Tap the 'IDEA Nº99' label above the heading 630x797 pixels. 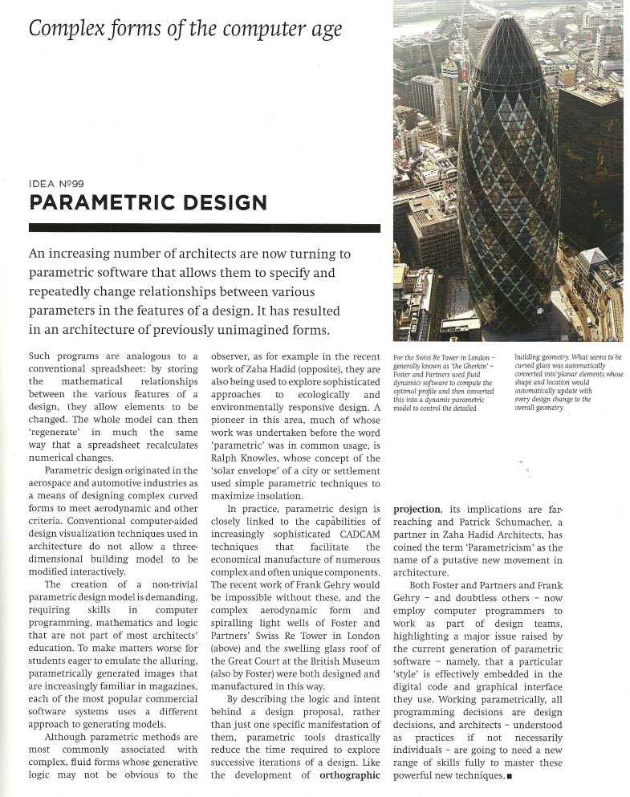click(61, 183)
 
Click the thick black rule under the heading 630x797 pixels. click(204, 228)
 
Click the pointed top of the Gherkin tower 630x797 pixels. click(508, 18)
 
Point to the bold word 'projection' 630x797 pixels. click(417, 509)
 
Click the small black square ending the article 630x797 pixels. click(510, 777)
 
